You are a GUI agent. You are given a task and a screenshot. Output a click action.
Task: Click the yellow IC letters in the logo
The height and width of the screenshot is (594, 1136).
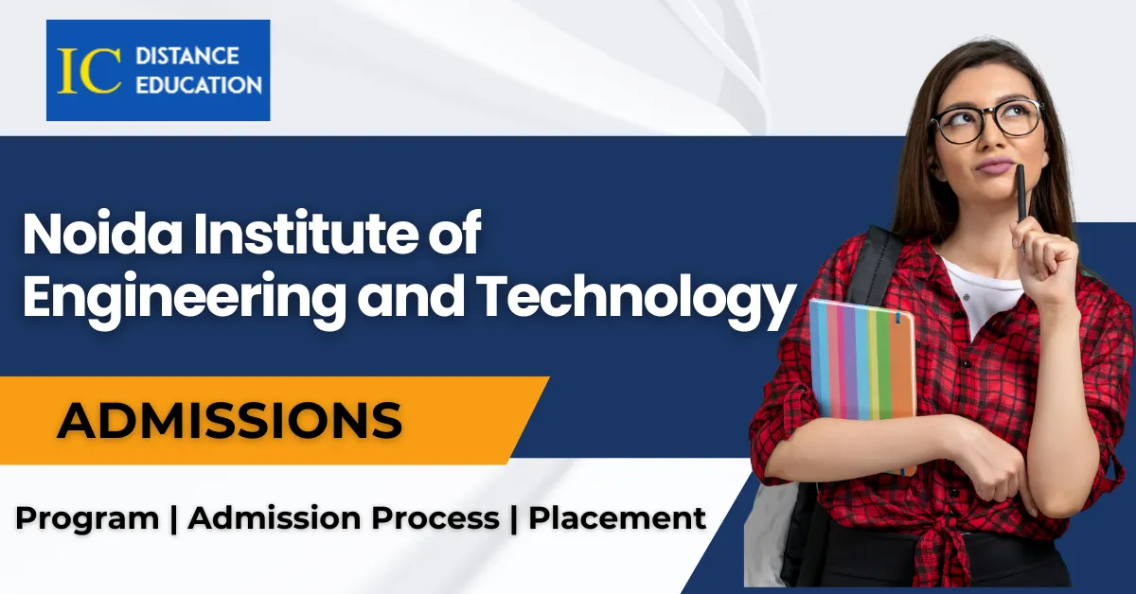(x=89, y=70)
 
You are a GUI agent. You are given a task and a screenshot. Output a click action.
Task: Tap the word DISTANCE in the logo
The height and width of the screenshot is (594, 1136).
(x=187, y=56)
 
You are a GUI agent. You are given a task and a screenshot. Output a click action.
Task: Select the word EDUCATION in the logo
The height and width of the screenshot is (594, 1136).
(x=199, y=85)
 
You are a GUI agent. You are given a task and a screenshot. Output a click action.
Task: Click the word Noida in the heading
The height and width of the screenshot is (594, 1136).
(x=102, y=235)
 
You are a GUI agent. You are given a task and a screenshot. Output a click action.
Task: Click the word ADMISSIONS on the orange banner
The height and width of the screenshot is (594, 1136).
(x=230, y=420)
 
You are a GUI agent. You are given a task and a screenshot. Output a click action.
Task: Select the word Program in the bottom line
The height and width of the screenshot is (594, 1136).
(x=87, y=519)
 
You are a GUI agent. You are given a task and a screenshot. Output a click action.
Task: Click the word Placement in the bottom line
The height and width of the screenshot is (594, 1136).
(x=617, y=518)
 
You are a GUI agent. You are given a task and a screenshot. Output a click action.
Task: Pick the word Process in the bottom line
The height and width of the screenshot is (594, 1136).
(x=435, y=518)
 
